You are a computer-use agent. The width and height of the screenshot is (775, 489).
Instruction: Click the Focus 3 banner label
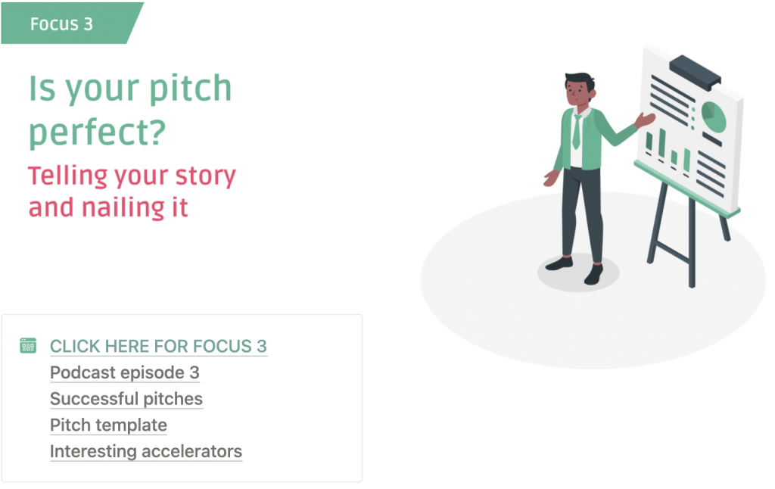coord(61,23)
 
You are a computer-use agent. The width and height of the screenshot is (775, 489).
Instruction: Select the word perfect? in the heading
coord(97,133)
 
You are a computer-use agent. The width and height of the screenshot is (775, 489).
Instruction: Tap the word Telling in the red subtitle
coord(67,176)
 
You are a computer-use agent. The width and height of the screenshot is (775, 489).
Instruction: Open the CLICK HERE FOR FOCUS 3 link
coord(158,346)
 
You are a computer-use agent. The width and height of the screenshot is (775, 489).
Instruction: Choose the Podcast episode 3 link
coord(125,372)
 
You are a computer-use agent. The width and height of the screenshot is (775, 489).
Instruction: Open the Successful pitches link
coord(126,398)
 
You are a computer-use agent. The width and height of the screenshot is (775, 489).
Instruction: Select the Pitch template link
coord(108,425)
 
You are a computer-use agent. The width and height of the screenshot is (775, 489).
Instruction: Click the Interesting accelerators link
coord(146,451)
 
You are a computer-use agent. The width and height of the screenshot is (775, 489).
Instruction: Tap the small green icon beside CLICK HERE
coord(28,345)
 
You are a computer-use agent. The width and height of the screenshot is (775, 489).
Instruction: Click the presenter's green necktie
coord(576,132)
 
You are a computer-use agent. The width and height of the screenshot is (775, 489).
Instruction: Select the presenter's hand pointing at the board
coord(645,120)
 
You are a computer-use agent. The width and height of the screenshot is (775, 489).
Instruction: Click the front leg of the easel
coord(692,242)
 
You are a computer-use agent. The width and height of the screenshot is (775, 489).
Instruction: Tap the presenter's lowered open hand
coord(551,179)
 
